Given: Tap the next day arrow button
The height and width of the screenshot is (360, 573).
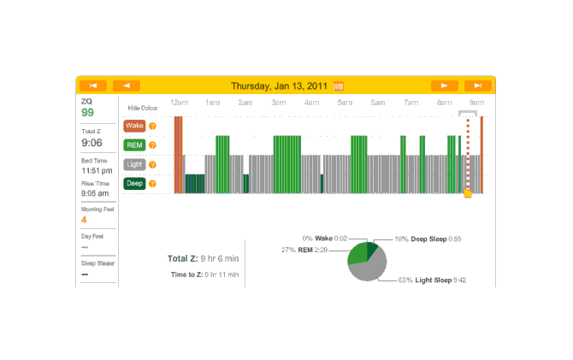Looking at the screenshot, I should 444,86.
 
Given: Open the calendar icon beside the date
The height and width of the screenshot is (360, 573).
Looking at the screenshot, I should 339,86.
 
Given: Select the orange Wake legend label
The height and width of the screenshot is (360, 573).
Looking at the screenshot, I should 134,126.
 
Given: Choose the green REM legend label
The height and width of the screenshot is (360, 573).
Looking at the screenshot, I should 134,145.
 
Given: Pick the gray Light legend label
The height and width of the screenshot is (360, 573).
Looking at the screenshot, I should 134,164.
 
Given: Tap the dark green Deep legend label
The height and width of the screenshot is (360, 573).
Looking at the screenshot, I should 134,183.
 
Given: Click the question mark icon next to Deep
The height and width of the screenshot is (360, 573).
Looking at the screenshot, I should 152,183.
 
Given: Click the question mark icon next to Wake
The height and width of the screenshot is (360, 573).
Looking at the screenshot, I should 152,126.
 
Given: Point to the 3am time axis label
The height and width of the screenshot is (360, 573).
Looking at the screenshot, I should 278,103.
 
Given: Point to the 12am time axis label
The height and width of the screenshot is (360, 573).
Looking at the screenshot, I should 179,103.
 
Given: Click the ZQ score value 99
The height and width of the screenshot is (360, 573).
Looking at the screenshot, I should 87,112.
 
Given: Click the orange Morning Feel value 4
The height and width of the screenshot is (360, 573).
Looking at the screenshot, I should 84,219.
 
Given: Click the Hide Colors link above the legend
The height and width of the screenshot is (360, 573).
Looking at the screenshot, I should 142,108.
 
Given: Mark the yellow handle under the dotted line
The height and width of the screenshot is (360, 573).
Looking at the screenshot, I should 467,194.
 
